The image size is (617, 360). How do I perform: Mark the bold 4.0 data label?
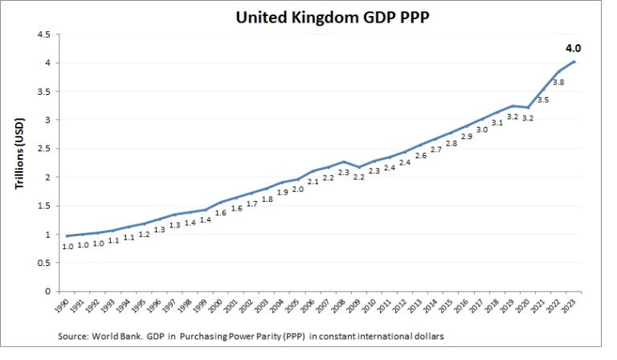coord(573,48)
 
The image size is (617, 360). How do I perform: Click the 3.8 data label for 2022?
coord(558,82)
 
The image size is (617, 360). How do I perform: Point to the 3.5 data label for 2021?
coord(542,100)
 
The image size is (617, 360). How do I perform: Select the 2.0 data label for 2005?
coord(297,189)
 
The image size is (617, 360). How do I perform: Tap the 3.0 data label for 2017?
coord(482,129)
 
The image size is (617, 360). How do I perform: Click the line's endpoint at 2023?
coord(574,62)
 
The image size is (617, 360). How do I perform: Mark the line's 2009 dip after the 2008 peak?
coord(360,167)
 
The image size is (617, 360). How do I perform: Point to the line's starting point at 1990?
coord(68,235)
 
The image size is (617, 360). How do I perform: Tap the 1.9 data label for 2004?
coord(282,193)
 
